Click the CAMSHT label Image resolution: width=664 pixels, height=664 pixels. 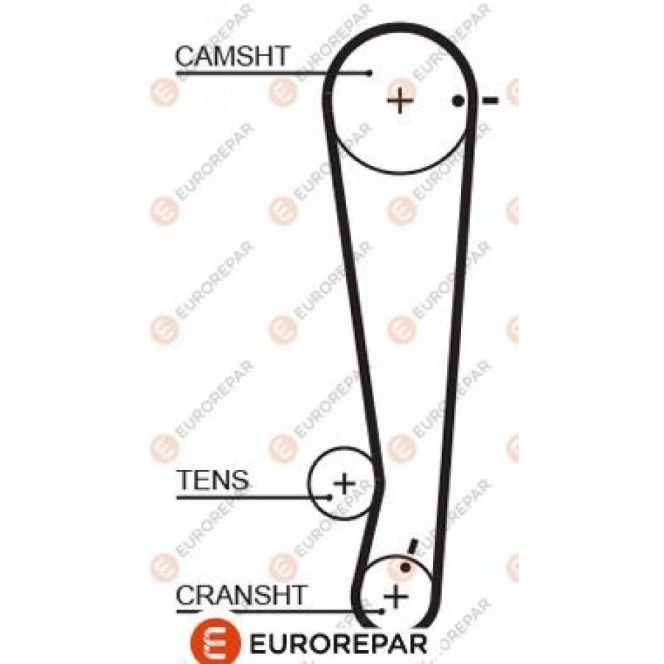(232, 56)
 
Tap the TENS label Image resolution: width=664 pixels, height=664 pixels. (213, 480)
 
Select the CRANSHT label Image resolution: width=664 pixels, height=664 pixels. (241, 595)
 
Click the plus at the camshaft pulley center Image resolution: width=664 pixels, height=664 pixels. (400, 101)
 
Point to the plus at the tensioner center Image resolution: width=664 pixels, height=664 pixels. (345, 483)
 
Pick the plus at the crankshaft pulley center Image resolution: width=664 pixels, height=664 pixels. (396, 596)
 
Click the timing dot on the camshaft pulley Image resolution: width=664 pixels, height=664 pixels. (457, 101)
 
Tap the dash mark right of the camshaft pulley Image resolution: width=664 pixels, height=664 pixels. (491, 100)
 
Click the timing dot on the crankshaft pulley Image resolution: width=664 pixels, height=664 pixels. (406, 567)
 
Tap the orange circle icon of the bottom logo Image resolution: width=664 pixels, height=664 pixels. (215, 643)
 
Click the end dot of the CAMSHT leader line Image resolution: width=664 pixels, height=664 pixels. (370, 74)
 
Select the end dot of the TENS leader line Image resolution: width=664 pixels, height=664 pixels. (330, 497)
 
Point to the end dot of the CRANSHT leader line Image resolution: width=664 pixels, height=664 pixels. (382, 612)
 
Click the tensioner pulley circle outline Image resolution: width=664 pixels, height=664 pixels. (308, 483)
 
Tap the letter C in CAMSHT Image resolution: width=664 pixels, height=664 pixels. (185, 56)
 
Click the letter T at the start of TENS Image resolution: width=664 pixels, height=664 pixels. (185, 480)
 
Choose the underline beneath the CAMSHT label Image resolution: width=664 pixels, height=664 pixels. (273, 74)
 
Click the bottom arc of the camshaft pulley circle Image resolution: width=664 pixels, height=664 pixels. (400, 173)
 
